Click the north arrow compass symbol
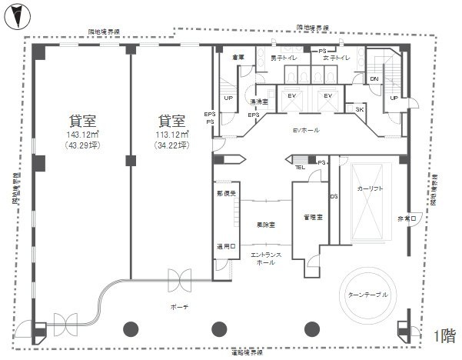[17, 14]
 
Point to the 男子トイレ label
[284, 58]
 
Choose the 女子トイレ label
[337, 58]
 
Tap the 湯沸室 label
[258, 101]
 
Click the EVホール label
[306, 131]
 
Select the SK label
[360, 110]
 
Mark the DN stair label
[374, 78]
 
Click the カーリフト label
[371, 188]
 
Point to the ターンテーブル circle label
[369, 295]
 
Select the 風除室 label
[267, 225]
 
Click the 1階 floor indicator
[444, 336]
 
